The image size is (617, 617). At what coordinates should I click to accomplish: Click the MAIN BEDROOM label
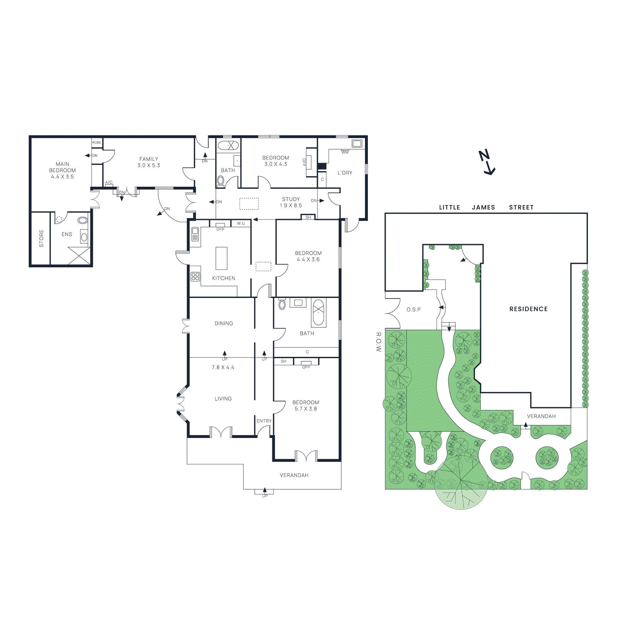click(x=62, y=170)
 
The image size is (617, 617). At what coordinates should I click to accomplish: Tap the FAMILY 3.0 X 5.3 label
click(x=149, y=162)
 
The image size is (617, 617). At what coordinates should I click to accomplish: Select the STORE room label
click(x=41, y=238)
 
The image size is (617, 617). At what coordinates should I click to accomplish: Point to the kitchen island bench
click(x=221, y=258)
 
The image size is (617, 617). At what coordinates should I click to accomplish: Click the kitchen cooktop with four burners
click(x=196, y=276)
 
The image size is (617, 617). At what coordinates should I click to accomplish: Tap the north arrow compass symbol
click(x=487, y=162)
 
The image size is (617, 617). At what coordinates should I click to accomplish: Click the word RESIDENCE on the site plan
click(x=528, y=309)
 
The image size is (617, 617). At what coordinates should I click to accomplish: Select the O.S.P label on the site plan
click(x=413, y=310)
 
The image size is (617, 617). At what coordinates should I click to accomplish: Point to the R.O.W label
click(x=378, y=342)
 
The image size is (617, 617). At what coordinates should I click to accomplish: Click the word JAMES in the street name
click(x=483, y=207)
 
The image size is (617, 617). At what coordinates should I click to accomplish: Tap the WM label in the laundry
click(x=345, y=152)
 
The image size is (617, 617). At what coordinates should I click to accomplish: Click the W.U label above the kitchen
click(x=241, y=224)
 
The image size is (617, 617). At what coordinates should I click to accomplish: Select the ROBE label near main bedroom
click(x=97, y=143)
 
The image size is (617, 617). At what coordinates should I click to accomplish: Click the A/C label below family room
click(x=109, y=182)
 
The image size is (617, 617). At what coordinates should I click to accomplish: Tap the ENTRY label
click(x=264, y=421)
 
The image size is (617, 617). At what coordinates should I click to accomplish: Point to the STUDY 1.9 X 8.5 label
click(x=291, y=202)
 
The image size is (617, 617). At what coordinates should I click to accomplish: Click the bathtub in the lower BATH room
click(x=319, y=313)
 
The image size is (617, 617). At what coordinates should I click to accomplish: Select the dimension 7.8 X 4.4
click(x=223, y=368)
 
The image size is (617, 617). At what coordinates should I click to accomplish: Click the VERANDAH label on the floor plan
click(x=294, y=475)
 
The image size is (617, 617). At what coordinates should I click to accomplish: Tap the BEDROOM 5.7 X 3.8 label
click(x=306, y=405)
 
